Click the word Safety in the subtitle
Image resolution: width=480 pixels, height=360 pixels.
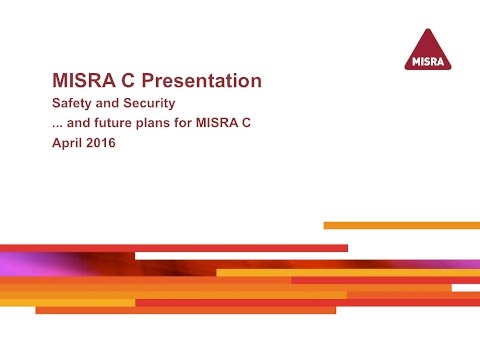pos(70,103)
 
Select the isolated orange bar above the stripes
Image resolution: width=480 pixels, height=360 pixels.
pos(400,225)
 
